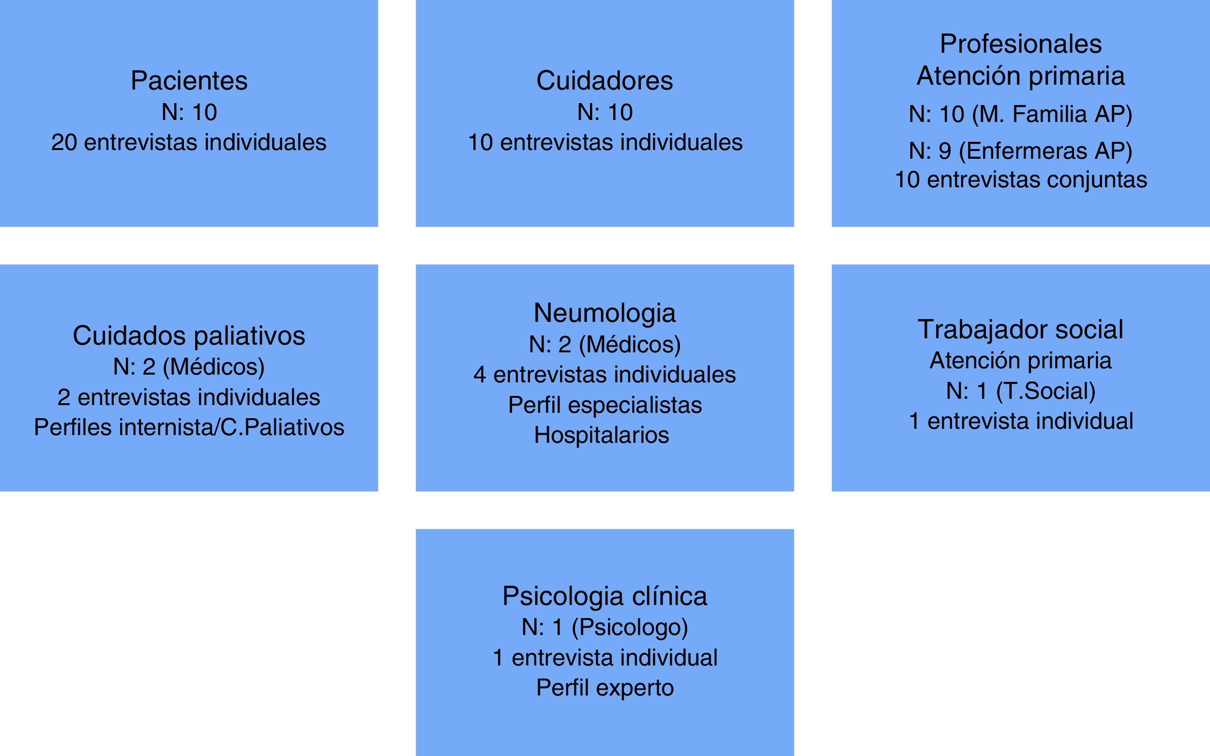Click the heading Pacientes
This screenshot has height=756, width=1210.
click(189, 80)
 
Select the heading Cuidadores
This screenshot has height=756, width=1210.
click(605, 80)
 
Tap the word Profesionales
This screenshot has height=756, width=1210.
click(1020, 44)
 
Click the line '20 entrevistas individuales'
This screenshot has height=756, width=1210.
click(188, 142)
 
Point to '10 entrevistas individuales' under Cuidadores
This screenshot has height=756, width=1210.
click(605, 142)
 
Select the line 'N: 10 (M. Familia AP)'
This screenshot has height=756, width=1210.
click(1020, 115)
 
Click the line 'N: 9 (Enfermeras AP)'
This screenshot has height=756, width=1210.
click(1020, 151)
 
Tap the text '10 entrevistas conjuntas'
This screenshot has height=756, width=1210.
click(1020, 180)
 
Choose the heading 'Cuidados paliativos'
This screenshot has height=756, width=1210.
click(188, 335)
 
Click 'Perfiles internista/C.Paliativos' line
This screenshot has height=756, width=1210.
click(188, 427)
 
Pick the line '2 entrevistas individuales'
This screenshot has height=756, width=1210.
click(188, 397)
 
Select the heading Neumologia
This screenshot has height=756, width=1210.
click(605, 313)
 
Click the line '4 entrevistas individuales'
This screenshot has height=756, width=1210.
click(605, 375)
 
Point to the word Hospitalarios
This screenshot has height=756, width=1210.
click(602, 435)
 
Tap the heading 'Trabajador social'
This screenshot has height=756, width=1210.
click(1020, 330)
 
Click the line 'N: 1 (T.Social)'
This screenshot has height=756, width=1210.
click(1020, 391)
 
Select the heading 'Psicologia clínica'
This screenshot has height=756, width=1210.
click(605, 596)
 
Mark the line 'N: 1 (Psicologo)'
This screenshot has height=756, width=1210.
click(605, 627)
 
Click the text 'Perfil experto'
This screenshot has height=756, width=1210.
click(605, 688)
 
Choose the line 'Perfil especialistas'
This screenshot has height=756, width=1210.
click(605, 405)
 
